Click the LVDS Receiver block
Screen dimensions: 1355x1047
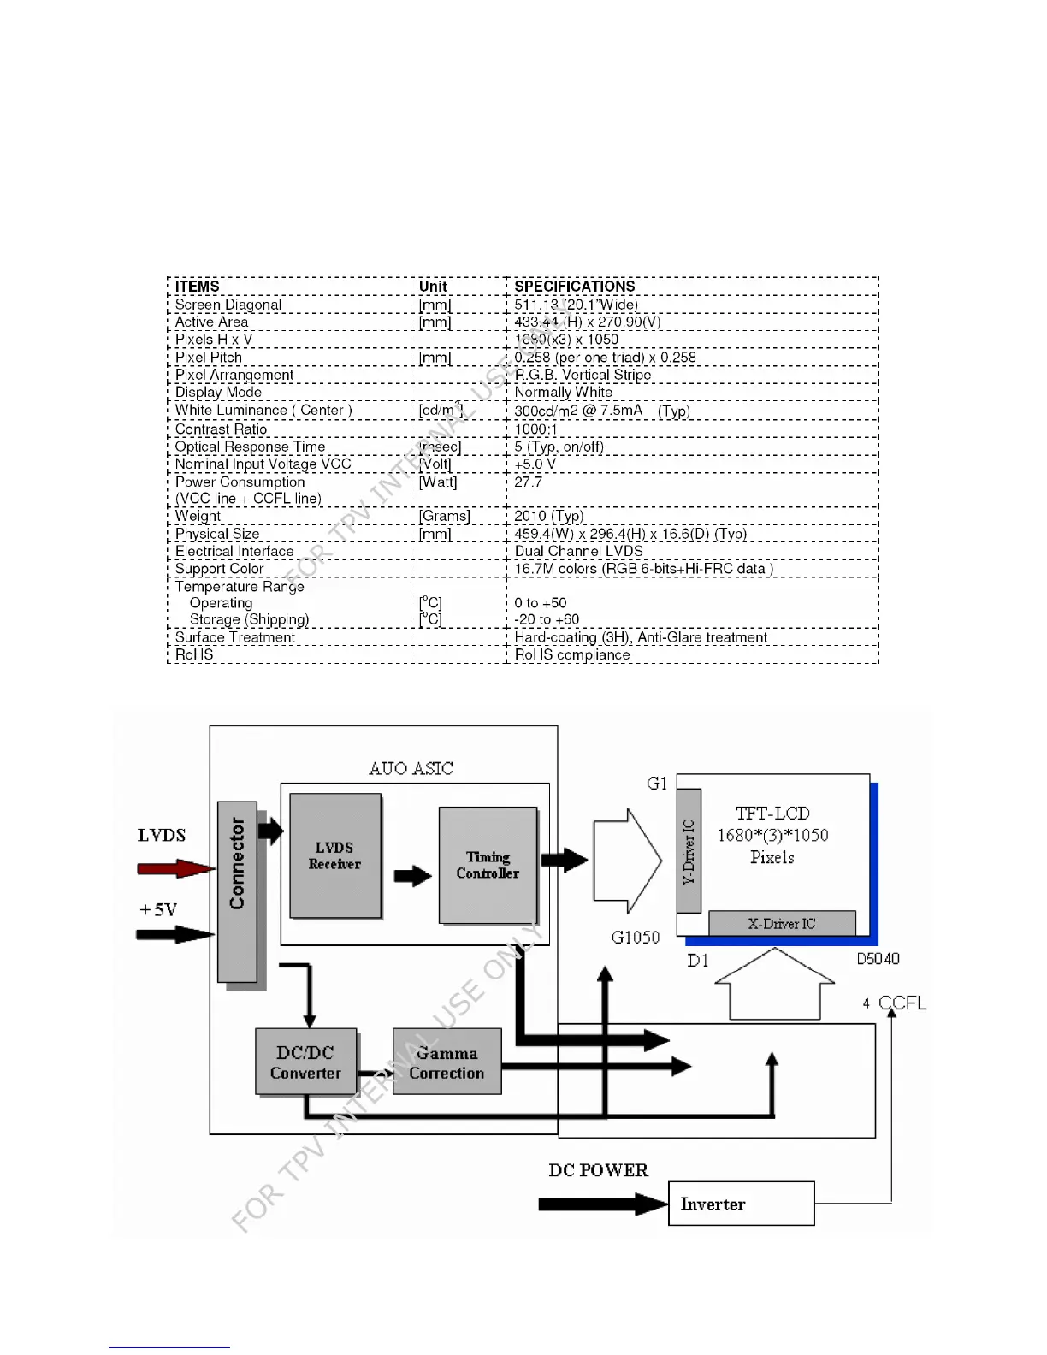(x=334, y=855)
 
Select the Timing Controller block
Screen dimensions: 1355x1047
(x=488, y=865)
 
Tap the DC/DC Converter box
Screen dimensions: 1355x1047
(x=305, y=1062)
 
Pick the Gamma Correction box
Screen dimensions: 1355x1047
(x=447, y=1062)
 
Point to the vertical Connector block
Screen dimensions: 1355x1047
(x=237, y=891)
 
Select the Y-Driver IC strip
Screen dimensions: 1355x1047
(x=689, y=851)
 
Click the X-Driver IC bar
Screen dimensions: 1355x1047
(x=782, y=923)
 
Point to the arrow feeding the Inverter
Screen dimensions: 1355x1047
(x=602, y=1204)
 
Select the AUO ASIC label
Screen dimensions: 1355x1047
(x=411, y=768)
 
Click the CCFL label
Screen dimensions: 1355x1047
(x=902, y=1003)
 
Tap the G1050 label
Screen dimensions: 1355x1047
(x=636, y=938)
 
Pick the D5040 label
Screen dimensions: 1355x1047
(x=878, y=959)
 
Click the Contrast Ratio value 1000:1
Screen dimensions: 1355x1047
(x=535, y=429)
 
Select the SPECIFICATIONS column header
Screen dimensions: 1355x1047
(x=575, y=287)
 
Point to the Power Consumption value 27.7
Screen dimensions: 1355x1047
(x=528, y=482)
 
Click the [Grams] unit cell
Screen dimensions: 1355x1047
(x=444, y=516)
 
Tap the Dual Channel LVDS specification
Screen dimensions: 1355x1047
(x=578, y=552)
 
